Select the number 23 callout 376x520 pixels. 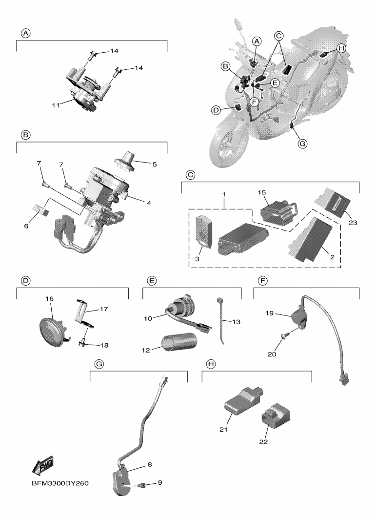(353, 222)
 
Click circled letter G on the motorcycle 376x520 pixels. (302, 144)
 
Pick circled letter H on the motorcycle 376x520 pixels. (341, 48)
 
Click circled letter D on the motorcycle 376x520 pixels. (216, 110)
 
